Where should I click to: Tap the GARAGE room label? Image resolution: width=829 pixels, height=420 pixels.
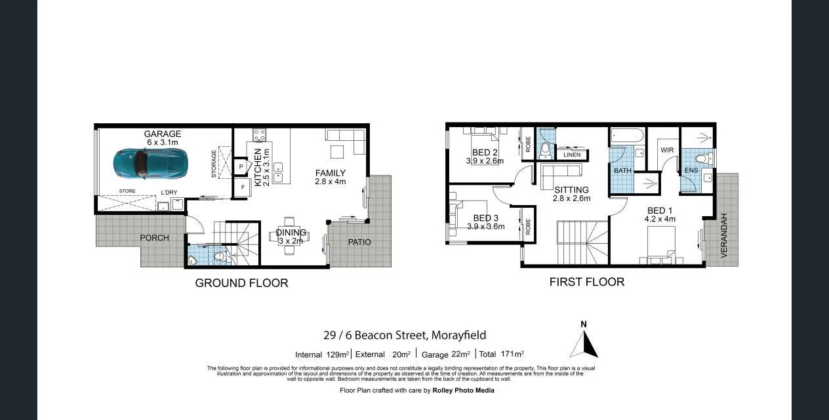(163, 134)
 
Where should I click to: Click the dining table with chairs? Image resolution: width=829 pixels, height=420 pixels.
(289, 234)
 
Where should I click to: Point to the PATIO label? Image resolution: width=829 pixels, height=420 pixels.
(359, 242)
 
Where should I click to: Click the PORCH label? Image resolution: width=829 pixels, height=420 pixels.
(154, 237)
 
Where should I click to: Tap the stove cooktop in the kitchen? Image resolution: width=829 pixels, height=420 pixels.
(259, 136)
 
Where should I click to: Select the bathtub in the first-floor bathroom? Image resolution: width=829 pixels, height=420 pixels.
(626, 136)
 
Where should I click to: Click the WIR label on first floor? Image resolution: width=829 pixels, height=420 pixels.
(667, 150)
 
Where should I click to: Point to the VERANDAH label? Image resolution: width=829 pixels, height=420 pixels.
(724, 235)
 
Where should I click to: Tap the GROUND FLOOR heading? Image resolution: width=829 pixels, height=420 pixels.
(241, 283)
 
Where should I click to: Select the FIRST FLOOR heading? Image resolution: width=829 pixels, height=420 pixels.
(586, 282)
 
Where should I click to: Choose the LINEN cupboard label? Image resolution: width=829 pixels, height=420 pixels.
(572, 155)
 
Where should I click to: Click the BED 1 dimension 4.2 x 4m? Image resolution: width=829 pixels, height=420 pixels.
(660, 219)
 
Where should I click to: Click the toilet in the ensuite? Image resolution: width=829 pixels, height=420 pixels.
(701, 158)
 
